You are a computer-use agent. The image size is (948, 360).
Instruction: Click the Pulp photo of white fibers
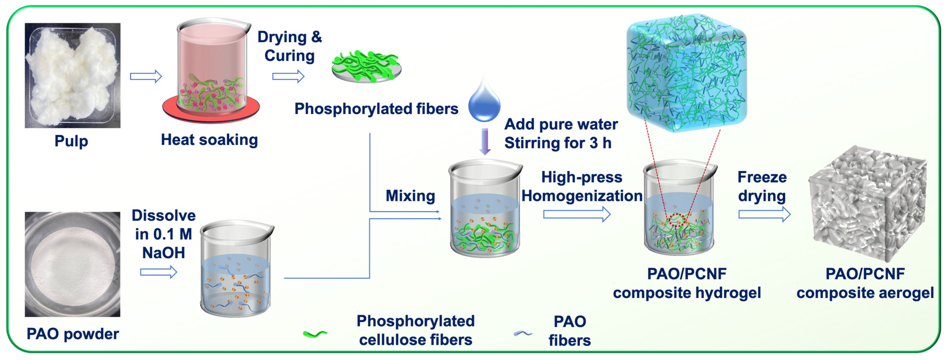pos(72,75)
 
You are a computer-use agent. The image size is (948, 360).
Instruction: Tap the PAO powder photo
pos(72,264)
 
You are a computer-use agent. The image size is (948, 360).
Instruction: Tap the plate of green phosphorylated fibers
pos(366,68)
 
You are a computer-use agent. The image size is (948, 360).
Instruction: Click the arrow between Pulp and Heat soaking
pos(146,77)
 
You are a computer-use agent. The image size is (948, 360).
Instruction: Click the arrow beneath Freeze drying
pos(764,214)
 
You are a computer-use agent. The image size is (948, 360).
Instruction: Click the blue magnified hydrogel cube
pos(687,73)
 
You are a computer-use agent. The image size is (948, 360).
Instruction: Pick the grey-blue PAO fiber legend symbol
pos(522,334)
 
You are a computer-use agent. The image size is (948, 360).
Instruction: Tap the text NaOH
pos(163,253)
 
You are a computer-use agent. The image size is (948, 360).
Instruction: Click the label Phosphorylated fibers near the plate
pos(376,109)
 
